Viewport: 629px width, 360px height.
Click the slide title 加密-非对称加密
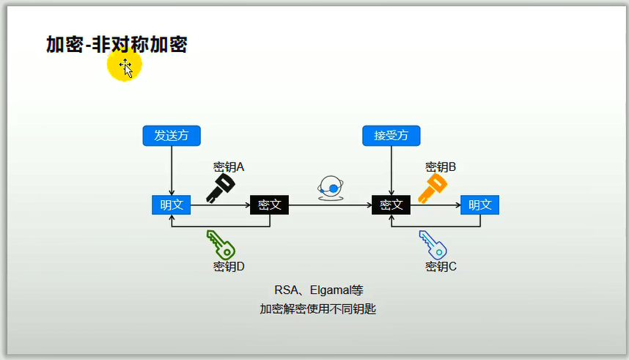[117, 45]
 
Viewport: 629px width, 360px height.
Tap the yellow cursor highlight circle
[124, 66]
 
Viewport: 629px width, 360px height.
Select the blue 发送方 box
[171, 136]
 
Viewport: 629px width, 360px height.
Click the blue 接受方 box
[391, 136]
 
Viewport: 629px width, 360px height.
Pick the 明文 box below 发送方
[171, 205]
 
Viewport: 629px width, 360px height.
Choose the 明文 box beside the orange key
[480, 205]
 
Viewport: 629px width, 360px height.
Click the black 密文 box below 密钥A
[269, 205]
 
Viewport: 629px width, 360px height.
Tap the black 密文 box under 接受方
[391, 205]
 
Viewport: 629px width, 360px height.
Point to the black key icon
[219, 188]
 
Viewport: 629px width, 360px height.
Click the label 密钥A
[228, 167]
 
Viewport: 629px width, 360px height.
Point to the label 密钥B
[441, 167]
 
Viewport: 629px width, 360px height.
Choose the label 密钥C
[441, 267]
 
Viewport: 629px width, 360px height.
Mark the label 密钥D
[228, 267]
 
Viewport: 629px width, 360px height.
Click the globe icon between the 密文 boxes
[331, 188]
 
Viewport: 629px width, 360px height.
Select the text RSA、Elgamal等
[318, 290]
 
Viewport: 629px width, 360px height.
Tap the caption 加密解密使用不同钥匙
[317, 309]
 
